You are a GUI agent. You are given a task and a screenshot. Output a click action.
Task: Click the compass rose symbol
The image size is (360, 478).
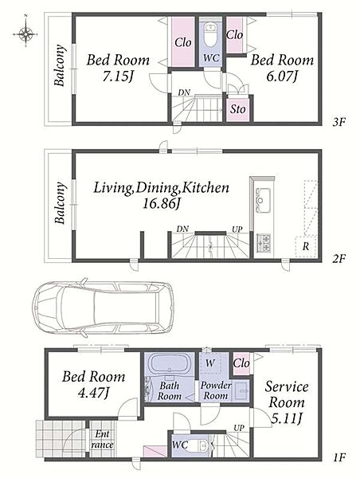point(26,33)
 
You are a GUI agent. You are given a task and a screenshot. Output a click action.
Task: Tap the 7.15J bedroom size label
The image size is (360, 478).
point(118,76)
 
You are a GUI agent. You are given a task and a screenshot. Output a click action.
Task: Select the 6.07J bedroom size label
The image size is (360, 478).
point(282,76)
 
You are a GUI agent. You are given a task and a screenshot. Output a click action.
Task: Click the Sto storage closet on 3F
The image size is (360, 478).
point(238,109)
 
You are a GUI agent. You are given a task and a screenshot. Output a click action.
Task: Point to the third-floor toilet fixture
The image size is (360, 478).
point(210,35)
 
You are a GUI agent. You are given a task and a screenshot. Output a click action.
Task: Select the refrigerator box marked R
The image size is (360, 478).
point(306,246)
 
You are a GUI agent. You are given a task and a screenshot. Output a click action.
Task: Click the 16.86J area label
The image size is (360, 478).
point(162,203)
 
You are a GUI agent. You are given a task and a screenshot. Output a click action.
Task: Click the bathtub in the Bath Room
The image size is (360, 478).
point(170,364)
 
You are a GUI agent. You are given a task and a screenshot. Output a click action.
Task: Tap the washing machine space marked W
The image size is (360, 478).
point(210,362)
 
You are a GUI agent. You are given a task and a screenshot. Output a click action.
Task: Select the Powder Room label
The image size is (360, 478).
point(216,390)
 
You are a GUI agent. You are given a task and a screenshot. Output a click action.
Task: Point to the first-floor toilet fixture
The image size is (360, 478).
point(199,446)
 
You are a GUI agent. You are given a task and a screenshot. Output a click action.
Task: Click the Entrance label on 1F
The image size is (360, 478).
point(102,439)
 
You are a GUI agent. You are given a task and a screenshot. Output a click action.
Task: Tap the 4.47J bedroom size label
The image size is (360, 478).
point(93,394)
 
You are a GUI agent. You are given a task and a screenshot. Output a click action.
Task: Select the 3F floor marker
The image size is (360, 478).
point(338,122)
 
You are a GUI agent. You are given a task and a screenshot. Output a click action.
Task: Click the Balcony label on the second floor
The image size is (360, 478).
point(61,203)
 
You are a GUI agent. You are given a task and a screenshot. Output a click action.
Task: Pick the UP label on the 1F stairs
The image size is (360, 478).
point(239,428)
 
